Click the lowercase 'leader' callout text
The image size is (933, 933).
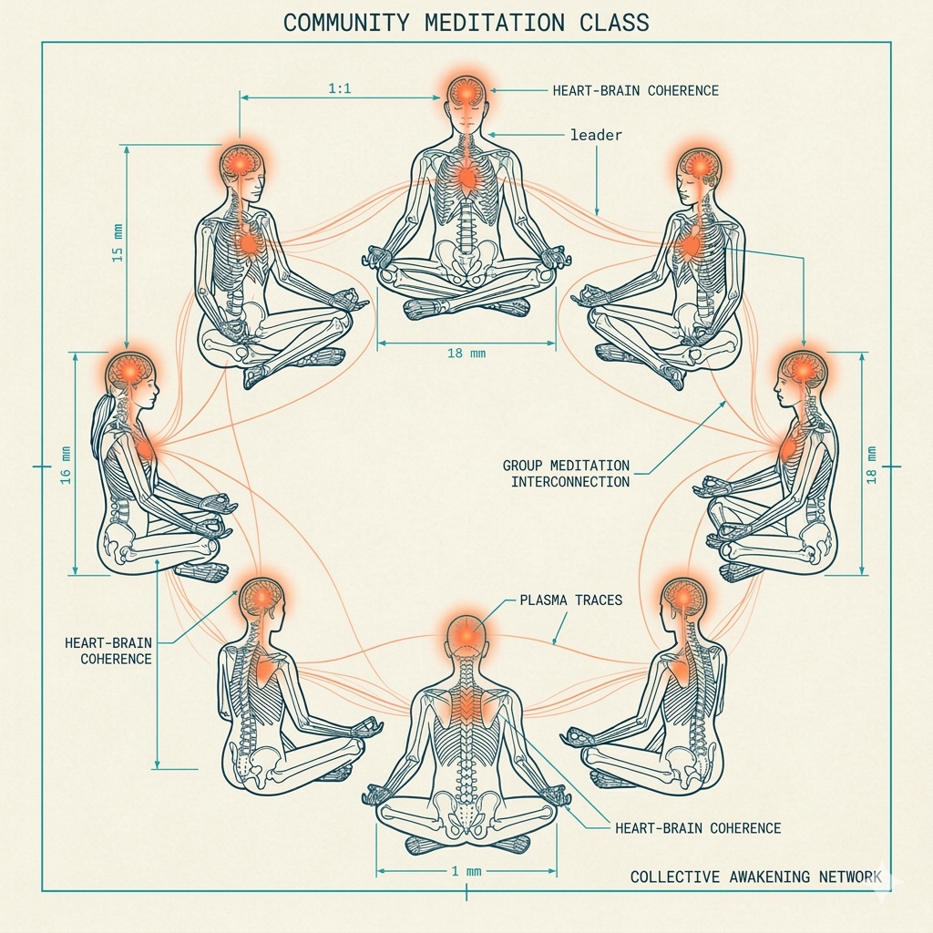(x=596, y=135)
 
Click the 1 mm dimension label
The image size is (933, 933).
(x=466, y=871)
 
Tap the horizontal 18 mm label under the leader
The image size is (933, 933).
(x=466, y=353)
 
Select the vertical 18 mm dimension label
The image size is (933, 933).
(x=872, y=465)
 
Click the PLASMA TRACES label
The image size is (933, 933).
(x=570, y=600)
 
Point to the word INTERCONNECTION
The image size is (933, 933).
(x=569, y=481)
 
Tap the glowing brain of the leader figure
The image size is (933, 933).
(x=467, y=92)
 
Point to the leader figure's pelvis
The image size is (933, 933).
(x=466, y=260)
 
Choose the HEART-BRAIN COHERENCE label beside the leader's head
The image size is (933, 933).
(x=635, y=90)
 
